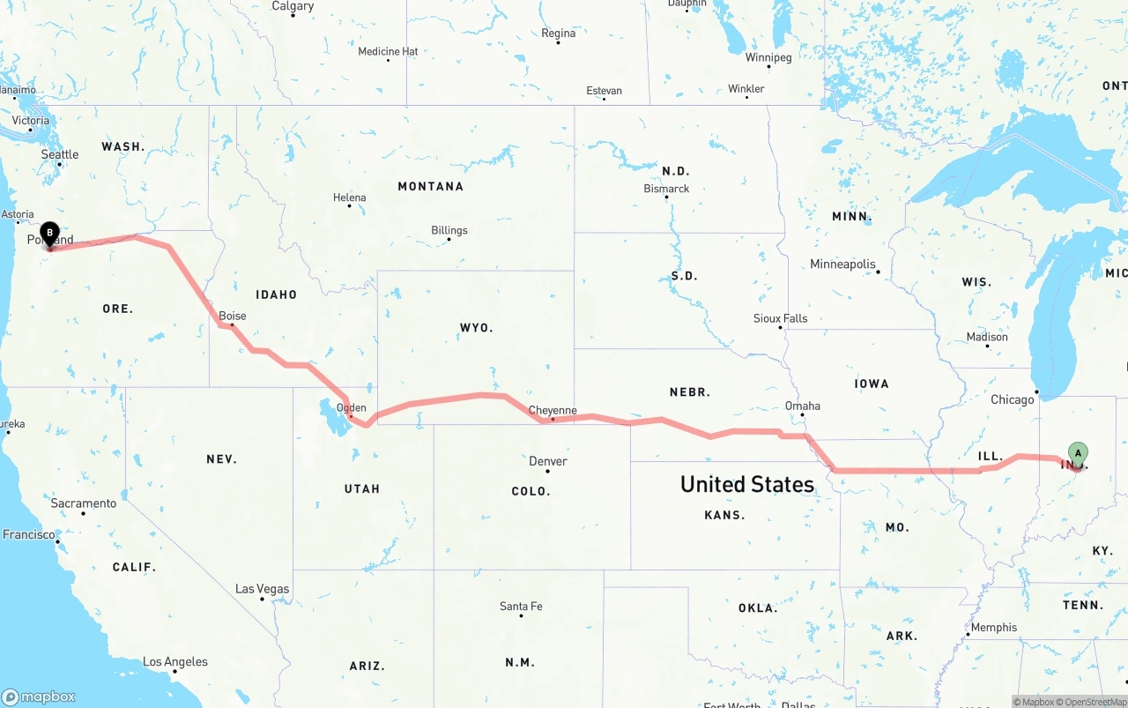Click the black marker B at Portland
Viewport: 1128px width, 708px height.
50,235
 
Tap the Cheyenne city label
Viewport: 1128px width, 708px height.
553,410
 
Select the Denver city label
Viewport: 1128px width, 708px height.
548,461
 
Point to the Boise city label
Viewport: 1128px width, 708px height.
233,316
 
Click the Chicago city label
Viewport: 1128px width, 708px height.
1012,399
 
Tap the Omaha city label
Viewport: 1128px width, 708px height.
803,406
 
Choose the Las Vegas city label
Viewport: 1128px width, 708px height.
262,589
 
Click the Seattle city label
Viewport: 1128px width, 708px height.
60,154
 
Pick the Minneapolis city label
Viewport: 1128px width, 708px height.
843,264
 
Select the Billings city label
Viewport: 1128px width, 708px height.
449,230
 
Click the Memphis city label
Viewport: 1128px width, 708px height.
993,628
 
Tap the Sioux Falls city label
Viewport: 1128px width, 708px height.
780,318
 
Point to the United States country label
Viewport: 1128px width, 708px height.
747,484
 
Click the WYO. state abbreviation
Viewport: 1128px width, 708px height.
476,327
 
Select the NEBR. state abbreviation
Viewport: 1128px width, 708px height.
690,391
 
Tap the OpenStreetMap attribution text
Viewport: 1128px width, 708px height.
1095,702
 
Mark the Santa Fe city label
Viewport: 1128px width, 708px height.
521,606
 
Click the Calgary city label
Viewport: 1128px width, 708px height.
293,6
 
